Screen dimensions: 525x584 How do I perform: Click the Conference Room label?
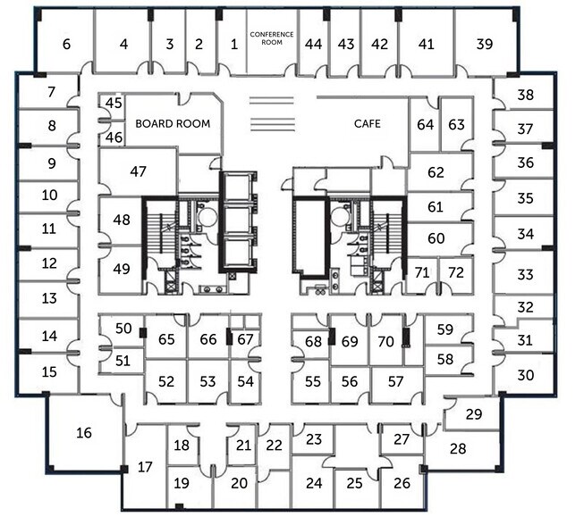[272, 37]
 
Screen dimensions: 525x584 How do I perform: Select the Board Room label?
[173, 124]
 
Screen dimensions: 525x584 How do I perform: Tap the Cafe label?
[367, 124]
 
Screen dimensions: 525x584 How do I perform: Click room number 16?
[84, 433]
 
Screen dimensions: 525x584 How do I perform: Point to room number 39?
[485, 44]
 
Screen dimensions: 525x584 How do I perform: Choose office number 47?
[138, 171]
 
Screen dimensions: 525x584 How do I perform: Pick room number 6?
[66, 44]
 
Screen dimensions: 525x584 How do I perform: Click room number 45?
[114, 104]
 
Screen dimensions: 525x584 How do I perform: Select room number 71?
[422, 271]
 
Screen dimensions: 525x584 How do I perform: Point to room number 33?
[525, 275]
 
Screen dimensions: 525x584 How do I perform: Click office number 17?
[145, 466]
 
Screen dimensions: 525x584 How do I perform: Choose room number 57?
[395, 381]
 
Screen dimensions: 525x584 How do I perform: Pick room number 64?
[424, 124]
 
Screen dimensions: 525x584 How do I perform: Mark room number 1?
[233, 44]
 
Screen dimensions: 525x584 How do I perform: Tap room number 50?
[124, 329]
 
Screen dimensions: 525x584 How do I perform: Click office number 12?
[49, 263]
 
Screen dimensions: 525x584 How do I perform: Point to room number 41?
[426, 44]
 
